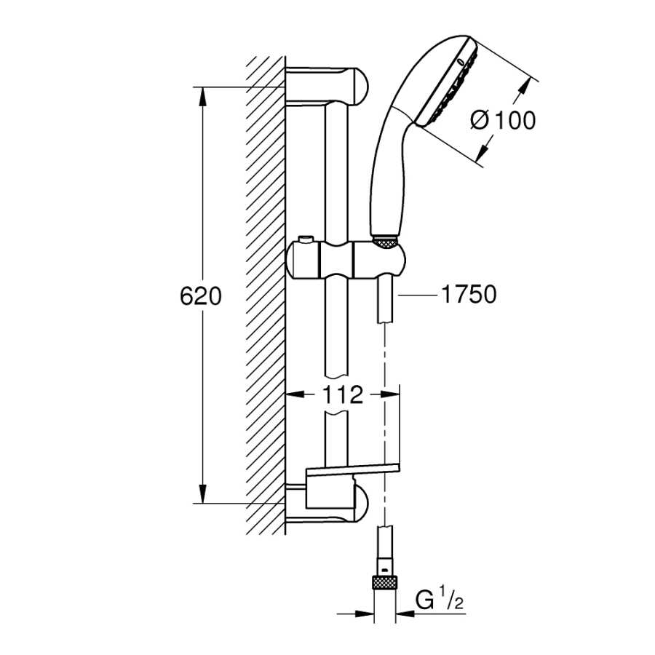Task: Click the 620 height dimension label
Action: pos(201,296)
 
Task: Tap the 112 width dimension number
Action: pos(342,394)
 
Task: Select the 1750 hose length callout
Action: pos(469,294)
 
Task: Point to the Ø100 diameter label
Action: pos(502,120)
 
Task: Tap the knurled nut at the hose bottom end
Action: pos(384,582)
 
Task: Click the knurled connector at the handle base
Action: pos(385,242)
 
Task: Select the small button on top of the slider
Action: pos(306,240)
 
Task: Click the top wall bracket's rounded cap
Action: pos(360,86)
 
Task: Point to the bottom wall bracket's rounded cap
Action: pos(360,504)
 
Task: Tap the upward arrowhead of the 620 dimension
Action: pos(202,97)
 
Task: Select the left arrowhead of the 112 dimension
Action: pos(295,394)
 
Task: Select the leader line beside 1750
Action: pos(418,295)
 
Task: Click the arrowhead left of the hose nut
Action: pos(363,614)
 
